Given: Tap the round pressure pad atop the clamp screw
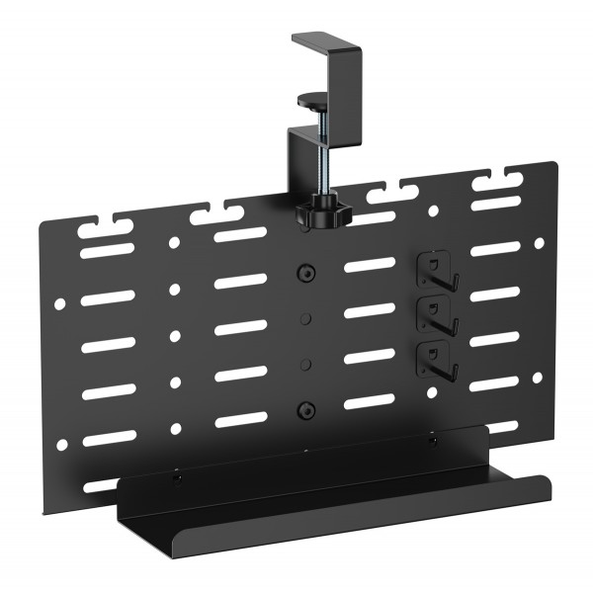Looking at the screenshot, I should click(x=314, y=99).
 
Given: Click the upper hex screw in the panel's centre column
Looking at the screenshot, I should click(x=305, y=272).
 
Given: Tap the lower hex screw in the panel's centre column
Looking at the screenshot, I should click(x=305, y=408).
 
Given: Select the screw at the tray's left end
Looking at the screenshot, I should click(x=178, y=479).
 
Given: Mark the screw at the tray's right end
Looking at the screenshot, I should click(x=432, y=442).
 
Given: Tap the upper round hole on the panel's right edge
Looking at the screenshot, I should click(x=539, y=243).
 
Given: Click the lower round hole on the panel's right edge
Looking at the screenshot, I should click(x=539, y=378).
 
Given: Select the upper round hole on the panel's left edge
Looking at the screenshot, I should click(x=59, y=305).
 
